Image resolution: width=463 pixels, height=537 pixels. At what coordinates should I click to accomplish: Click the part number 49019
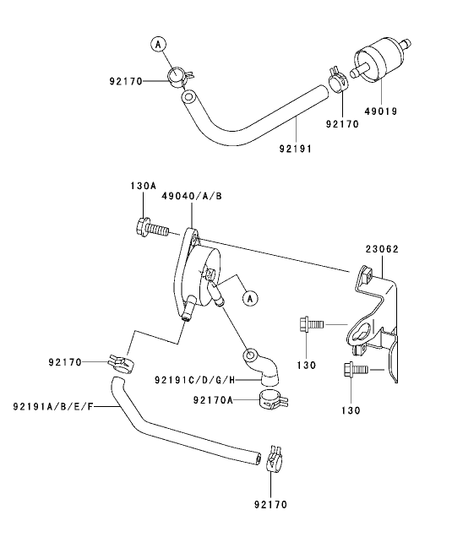(x=381, y=111)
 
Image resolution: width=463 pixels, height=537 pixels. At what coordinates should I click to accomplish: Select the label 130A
(x=143, y=185)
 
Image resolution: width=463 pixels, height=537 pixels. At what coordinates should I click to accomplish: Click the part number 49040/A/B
(x=192, y=195)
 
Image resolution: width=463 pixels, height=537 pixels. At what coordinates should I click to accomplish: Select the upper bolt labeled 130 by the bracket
(x=310, y=323)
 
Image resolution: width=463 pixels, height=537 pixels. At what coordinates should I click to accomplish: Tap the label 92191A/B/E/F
(x=53, y=407)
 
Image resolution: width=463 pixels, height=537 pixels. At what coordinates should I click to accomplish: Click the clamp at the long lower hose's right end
(x=274, y=458)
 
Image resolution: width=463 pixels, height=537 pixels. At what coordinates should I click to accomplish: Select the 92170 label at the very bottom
(x=270, y=505)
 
